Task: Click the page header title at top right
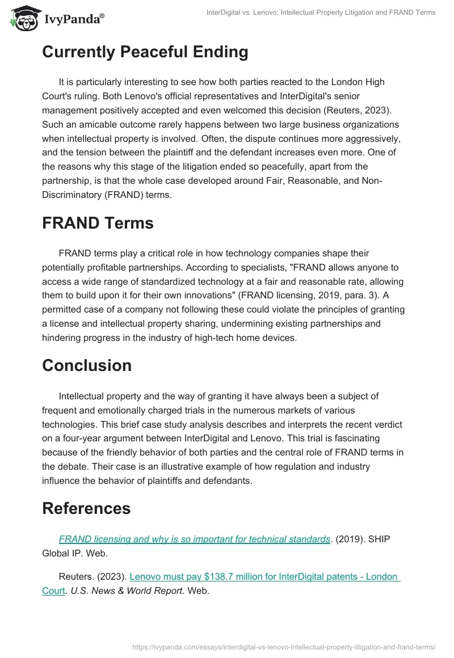tap(321, 12)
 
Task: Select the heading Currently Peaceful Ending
tap(145, 52)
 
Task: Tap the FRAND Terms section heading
tap(98, 223)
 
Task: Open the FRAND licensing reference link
tap(194, 539)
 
